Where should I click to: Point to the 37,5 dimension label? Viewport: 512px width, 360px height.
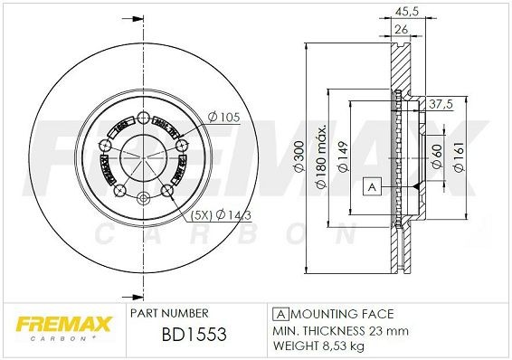(440, 103)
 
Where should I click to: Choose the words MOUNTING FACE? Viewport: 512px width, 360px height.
(340, 313)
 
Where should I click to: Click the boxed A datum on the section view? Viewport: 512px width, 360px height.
(370, 187)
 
